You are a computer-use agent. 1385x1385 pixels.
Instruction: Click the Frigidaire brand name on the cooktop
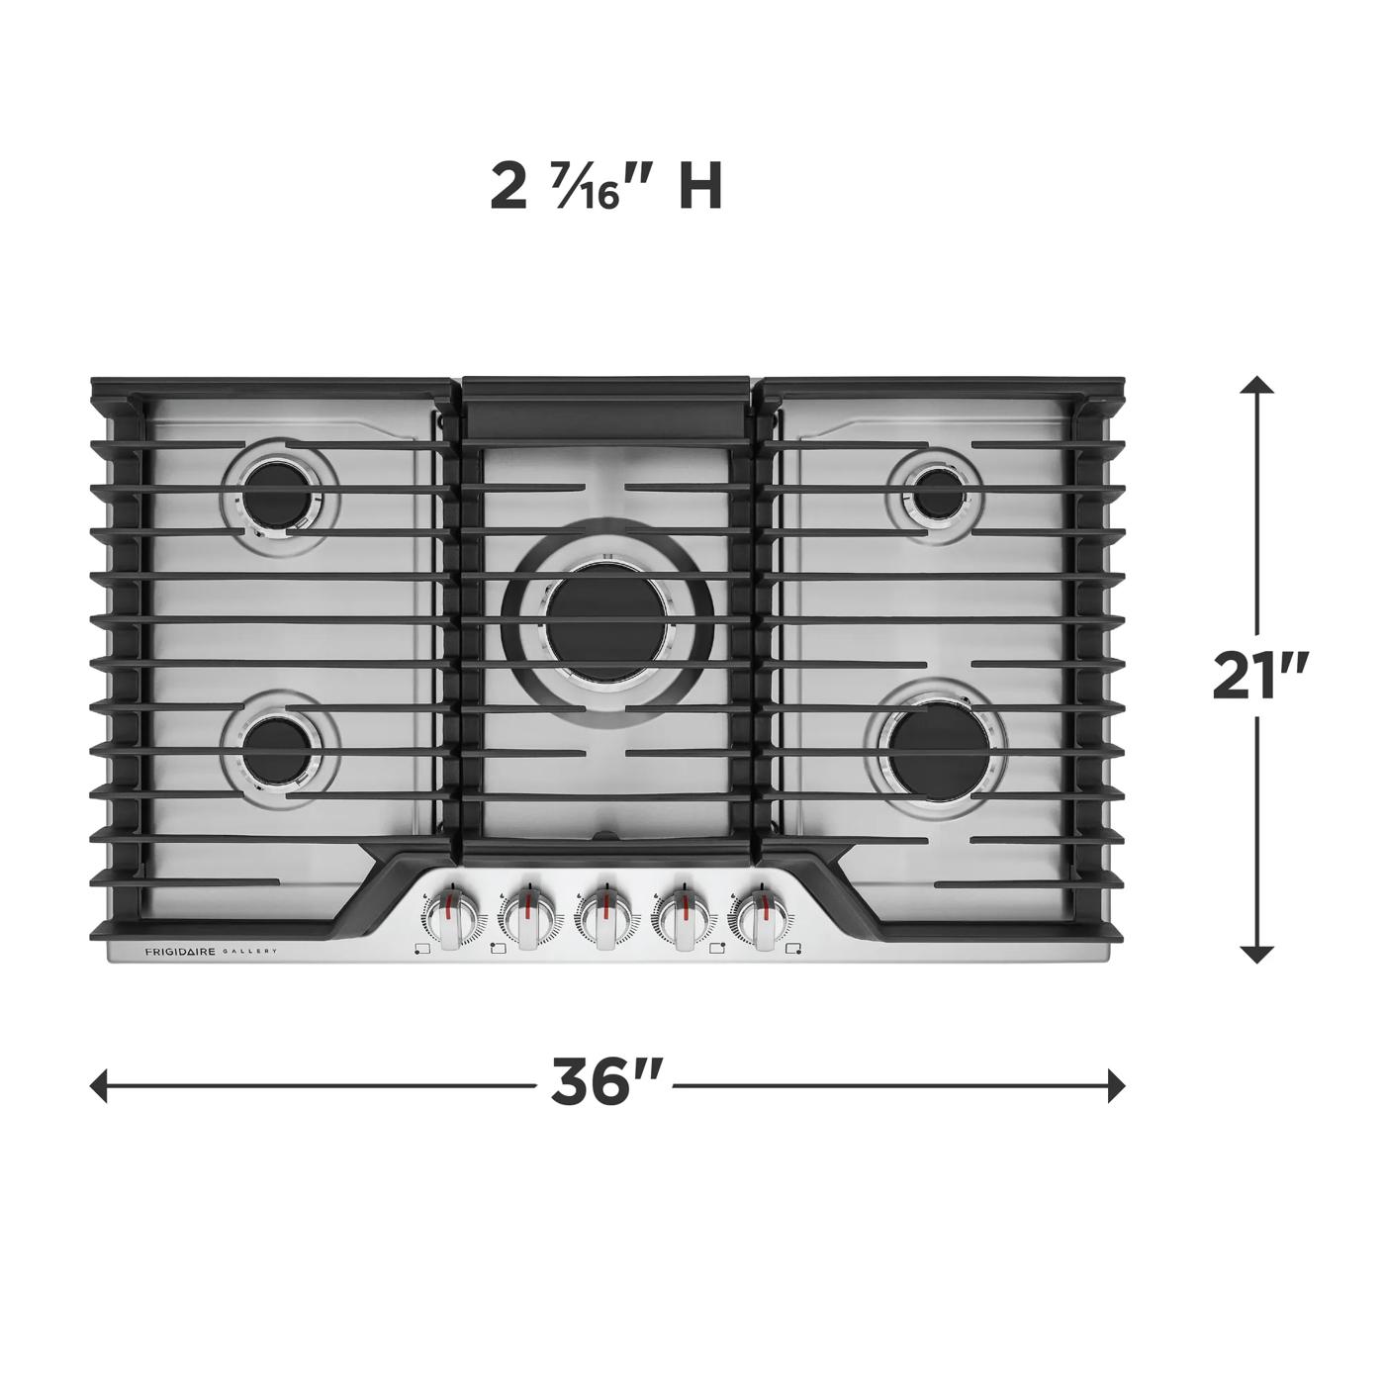180,952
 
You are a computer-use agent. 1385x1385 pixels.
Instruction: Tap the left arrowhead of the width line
98,1085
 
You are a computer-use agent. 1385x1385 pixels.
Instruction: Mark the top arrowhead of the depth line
1256,385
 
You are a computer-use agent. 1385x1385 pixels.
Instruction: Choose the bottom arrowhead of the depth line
1256,954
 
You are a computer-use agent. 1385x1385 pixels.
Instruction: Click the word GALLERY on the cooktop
248,952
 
